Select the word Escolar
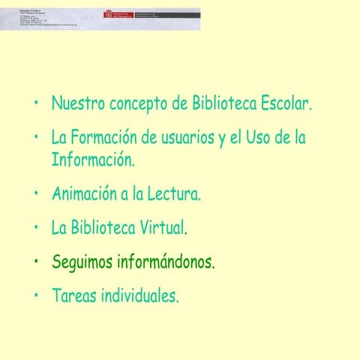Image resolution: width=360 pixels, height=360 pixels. pyautogui.click(x=285, y=103)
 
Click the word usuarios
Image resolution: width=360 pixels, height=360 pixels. pyautogui.click(x=185, y=139)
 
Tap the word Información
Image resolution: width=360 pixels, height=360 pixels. pyautogui.click(x=93, y=160)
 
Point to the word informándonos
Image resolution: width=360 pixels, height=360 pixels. pyautogui.click(x=166, y=262)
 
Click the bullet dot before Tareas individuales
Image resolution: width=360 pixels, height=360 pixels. pyautogui.click(x=35, y=295)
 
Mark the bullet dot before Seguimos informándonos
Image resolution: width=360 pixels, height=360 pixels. pyautogui.click(x=35, y=262)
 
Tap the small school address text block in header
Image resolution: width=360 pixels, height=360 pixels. pyautogui.click(x=45, y=19)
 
